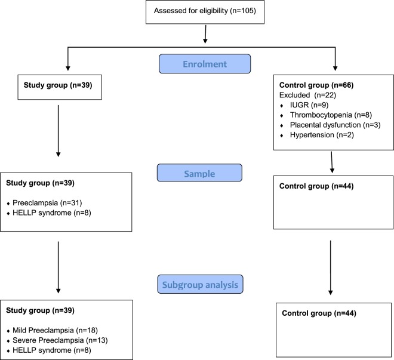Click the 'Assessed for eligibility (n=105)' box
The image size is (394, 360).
point(205,12)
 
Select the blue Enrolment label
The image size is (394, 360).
point(205,64)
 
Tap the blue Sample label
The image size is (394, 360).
point(199,173)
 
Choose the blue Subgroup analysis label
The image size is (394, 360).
point(200,284)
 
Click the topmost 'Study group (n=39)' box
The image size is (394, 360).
point(60,87)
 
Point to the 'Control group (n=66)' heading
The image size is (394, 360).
point(316,85)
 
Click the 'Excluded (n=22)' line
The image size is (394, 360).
point(307,95)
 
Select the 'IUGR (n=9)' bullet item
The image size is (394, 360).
point(309,105)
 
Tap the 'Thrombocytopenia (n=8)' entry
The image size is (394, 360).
point(331,115)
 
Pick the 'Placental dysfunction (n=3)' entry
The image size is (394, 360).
point(335,125)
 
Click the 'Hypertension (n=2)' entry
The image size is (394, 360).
point(322,135)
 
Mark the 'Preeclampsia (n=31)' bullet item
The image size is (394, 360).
point(47,203)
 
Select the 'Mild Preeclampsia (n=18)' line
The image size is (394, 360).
point(55,330)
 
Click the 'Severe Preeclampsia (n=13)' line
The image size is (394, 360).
point(60,340)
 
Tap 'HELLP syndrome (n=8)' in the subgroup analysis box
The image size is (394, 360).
point(52,350)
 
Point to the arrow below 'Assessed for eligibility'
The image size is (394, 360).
point(205,34)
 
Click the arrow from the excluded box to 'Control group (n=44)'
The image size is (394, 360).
point(332,162)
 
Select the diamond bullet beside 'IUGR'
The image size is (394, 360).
point(282,106)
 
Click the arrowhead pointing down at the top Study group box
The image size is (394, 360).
point(68,68)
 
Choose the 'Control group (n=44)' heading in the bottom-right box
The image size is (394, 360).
point(319,313)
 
